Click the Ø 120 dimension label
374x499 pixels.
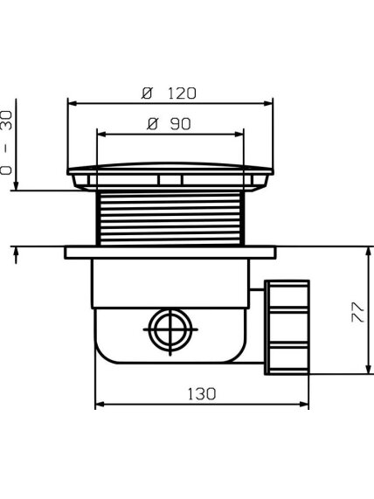point(169,94)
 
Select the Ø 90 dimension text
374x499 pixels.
point(169,124)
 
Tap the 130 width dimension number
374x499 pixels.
point(202,394)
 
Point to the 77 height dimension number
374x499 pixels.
point(357,312)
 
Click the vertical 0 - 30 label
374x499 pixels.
point(6,142)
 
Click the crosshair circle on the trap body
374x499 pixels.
point(170,329)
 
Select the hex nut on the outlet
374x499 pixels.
point(287,327)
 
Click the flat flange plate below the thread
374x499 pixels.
point(170,253)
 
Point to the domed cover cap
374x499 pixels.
point(170,169)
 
